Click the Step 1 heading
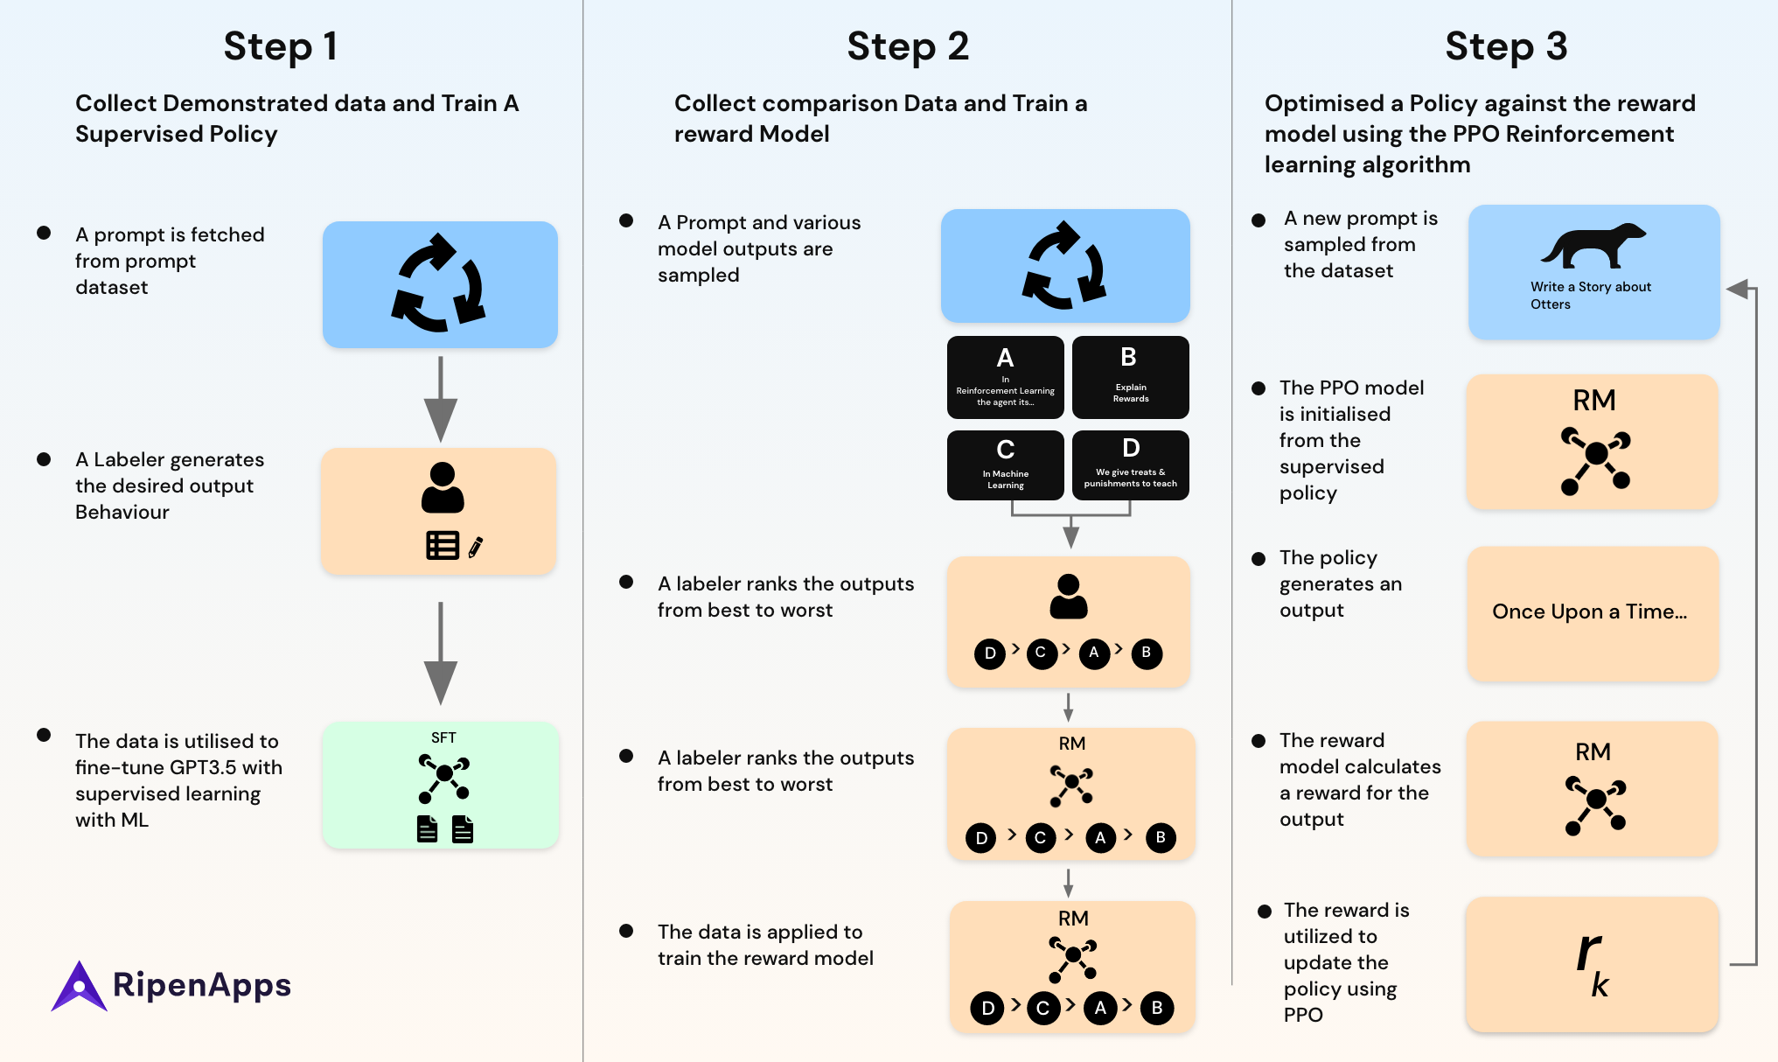pyautogui.click(x=280, y=46)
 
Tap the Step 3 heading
pyautogui.click(x=1506, y=46)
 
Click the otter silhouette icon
pyautogui.click(x=1593, y=246)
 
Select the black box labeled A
pyautogui.click(x=1005, y=377)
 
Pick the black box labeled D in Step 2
pyautogui.click(x=1130, y=465)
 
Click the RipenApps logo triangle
pyautogui.click(x=79, y=989)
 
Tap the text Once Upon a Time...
pyautogui.click(x=1589, y=611)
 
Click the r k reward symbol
pyautogui.click(x=1593, y=962)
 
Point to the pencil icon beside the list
pyautogui.click(x=476, y=548)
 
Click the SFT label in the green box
pyautogui.click(x=443, y=737)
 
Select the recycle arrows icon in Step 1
pyautogui.click(x=439, y=283)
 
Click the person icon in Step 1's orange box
pyautogui.click(x=443, y=488)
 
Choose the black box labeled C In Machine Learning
pyautogui.click(x=1005, y=465)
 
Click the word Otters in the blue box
pyautogui.click(x=1550, y=304)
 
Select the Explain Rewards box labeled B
pyautogui.click(x=1130, y=377)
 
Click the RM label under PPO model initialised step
pyautogui.click(x=1593, y=401)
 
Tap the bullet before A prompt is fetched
pyautogui.click(x=44, y=233)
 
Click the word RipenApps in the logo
pyautogui.click(x=202, y=985)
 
